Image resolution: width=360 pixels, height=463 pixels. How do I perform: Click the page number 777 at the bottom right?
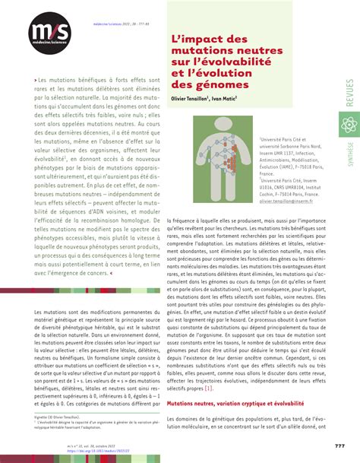click(339, 446)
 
